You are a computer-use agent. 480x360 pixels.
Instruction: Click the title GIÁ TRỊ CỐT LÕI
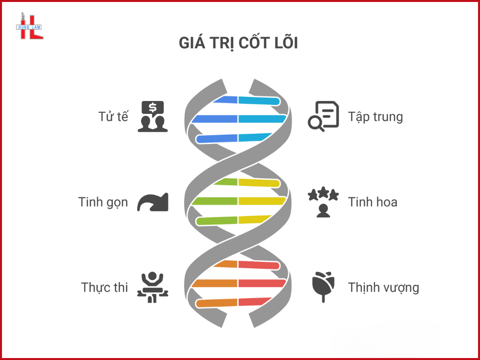pos(238,43)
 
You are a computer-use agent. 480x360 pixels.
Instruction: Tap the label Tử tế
pos(113,117)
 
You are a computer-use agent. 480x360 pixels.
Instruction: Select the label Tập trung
pos(375,117)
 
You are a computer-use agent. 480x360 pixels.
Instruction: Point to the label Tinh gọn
pos(103,202)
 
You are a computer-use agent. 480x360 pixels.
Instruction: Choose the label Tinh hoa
pos(372,202)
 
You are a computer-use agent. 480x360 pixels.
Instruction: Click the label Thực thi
pos(104,287)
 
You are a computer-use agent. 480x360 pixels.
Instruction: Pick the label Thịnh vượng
pos(383,287)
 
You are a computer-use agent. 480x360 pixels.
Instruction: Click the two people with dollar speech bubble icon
pos(152,116)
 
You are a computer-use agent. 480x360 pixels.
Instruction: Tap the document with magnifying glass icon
pos(323,116)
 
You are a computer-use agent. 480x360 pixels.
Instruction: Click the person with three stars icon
pos(323,202)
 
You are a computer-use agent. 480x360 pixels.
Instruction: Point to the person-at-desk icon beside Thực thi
pos(152,287)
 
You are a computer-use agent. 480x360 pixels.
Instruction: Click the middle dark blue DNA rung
pos(215,119)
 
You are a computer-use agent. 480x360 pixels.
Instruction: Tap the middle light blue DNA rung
pos(262,119)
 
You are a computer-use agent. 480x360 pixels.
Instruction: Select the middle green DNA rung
pos(215,201)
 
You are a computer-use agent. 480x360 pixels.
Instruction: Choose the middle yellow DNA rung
pos(262,201)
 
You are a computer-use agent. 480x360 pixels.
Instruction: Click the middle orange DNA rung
pos(215,283)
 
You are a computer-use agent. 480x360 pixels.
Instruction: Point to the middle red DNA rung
pos(262,283)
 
